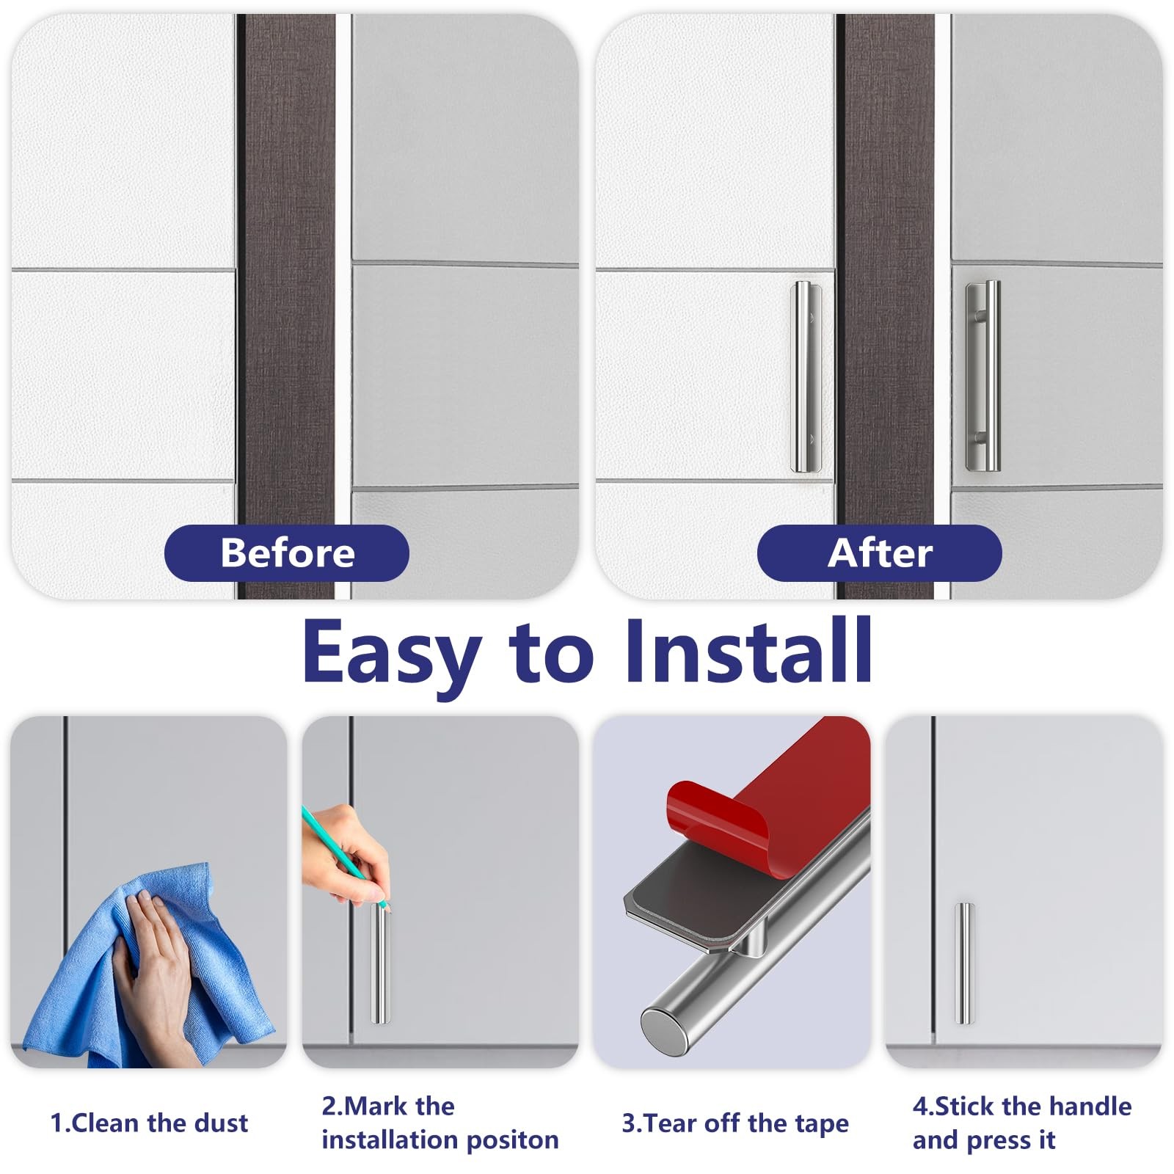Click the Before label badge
coord(286,553)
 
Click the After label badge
coord(879,553)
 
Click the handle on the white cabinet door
coord(805,376)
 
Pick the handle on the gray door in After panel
coord(983,376)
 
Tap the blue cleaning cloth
coord(147,969)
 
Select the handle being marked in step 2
coord(381,963)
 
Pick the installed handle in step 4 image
coord(964,963)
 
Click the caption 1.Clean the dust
coord(149,1123)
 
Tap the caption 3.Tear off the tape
coord(735,1123)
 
